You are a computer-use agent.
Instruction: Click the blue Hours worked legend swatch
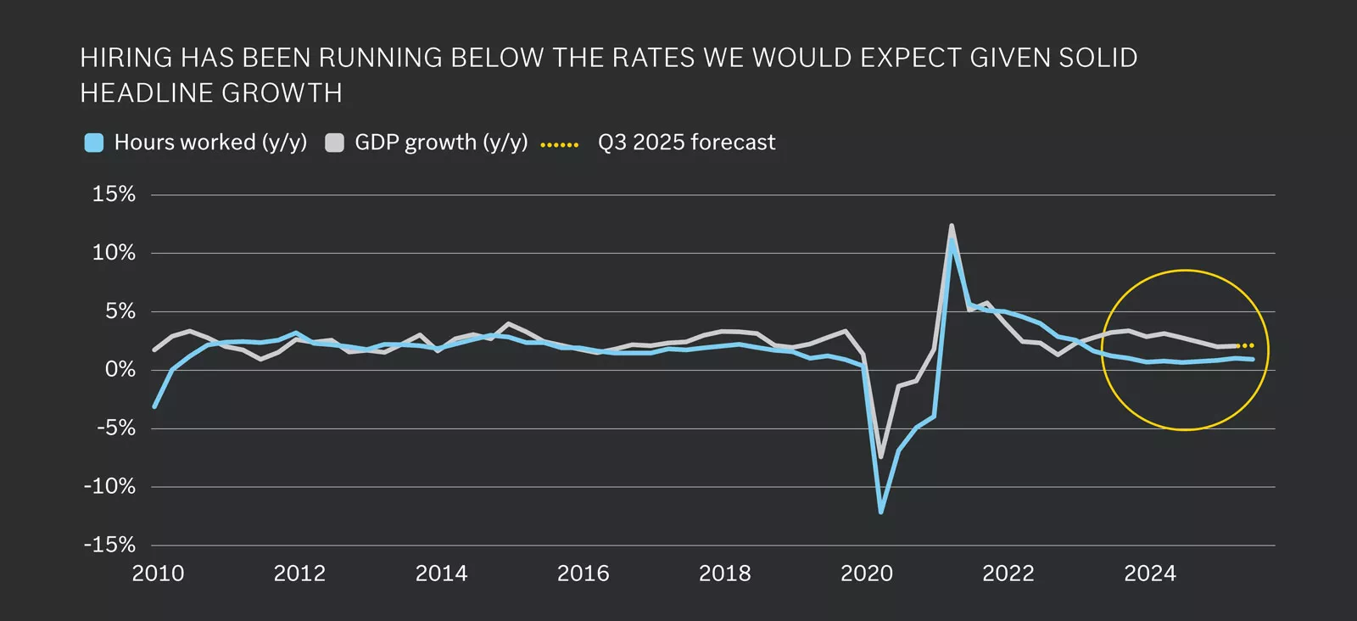[x=94, y=143]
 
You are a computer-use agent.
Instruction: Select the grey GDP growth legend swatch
[x=335, y=143]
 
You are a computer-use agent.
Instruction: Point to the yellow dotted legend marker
[x=560, y=144]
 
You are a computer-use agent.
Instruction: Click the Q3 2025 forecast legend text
[x=686, y=143]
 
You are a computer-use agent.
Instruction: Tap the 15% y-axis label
[x=114, y=194]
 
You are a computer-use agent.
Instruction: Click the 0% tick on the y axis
[x=120, y=370]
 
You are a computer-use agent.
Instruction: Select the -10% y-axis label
[x=109, y=486]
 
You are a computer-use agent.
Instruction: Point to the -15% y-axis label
[x=109, y=545]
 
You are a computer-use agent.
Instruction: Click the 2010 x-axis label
[x=158, y=574]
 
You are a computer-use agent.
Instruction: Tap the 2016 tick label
[x=583, y=574]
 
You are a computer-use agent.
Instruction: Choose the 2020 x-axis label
[x=866, y=574]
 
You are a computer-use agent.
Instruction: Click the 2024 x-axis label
[x=1149, y=574]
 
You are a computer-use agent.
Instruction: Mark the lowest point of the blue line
[x=881, y=512]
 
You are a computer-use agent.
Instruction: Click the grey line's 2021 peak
[x=952, y=226]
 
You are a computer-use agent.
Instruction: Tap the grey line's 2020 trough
[x=880, y=456]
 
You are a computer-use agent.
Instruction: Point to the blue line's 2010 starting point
[x=154, y=406]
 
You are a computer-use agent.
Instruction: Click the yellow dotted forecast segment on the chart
[x=1247, y=345]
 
